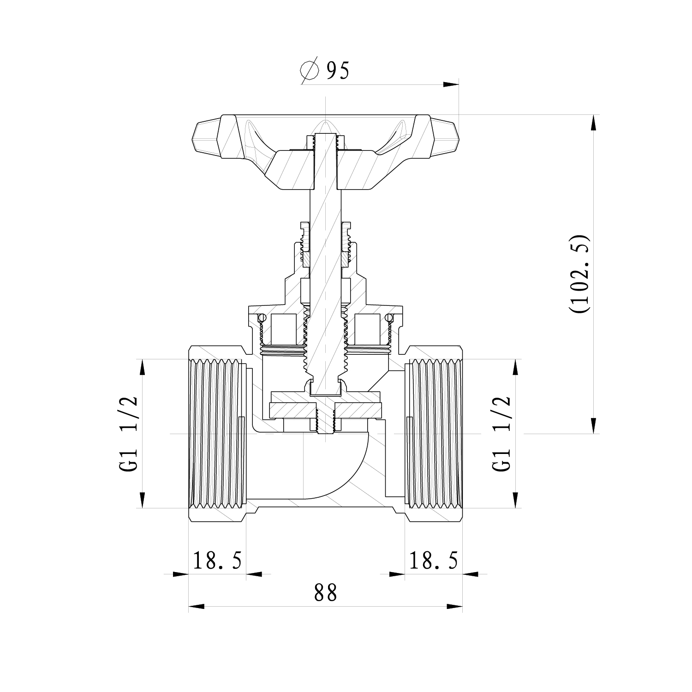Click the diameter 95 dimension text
pyautogui.click(x=325, y=70)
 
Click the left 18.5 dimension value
pyautogui.click(x=217, y=561)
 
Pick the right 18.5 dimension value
pyautogui.click(x=433, y=561)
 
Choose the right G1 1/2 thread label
pyautogui.click(x=502, y=434)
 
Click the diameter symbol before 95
pyautogui.click(x=310, y=71)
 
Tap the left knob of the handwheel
pyautogui.click(x=205, y=137)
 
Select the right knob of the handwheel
pyautogui.click(x=444, y=137)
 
